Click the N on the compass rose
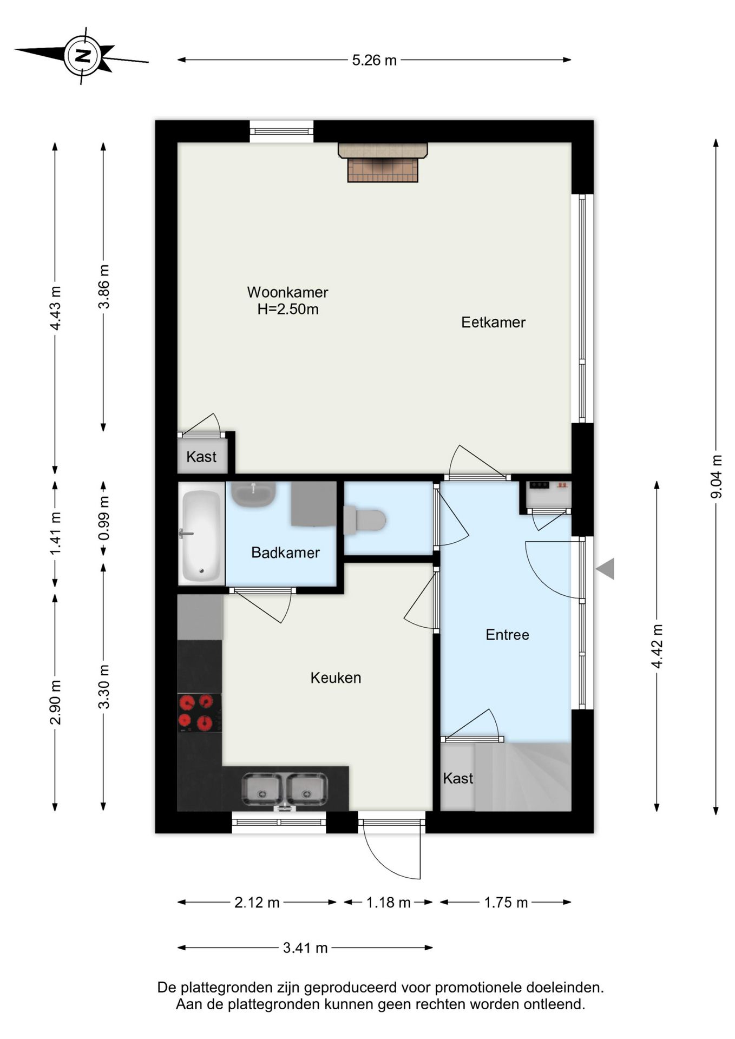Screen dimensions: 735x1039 [83, 56]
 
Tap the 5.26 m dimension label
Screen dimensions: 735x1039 [375, 60]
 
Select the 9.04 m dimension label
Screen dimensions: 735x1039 [716, 477]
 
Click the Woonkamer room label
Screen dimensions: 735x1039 [287, 292]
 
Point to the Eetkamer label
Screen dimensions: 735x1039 [493, 323]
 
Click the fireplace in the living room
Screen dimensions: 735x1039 [383, 162]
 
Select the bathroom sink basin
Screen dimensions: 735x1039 [253, 494]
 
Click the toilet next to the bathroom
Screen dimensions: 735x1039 [364, 520]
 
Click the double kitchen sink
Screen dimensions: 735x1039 [284, 789]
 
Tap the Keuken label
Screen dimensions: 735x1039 [336, 678]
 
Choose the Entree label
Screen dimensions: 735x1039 [507, 635]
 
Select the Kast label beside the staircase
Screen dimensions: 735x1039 [458, 779]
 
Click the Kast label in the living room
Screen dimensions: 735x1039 [201, 457]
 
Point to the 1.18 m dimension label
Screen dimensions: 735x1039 [388, 903]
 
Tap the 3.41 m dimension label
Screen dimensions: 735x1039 [305, 948]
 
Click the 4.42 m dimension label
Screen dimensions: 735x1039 [657, 646]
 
